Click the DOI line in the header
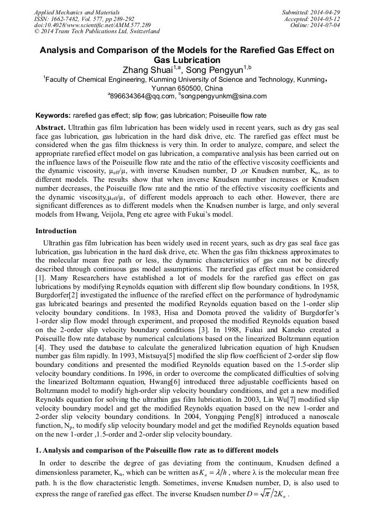coord(93,25)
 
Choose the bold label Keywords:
coord(53,116)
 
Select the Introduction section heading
coord(56,230)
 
